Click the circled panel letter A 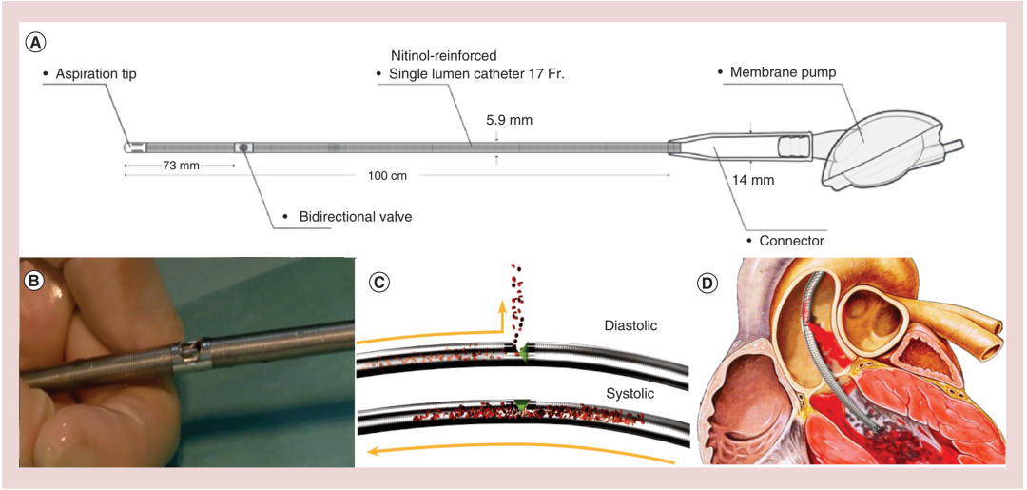[36, 43]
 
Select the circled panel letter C [378, 281]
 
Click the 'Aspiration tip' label [95, 73]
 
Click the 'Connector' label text [791, 241]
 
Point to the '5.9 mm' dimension [509, 120]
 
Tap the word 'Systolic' [630, 391]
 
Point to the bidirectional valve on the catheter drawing [243, 147]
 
